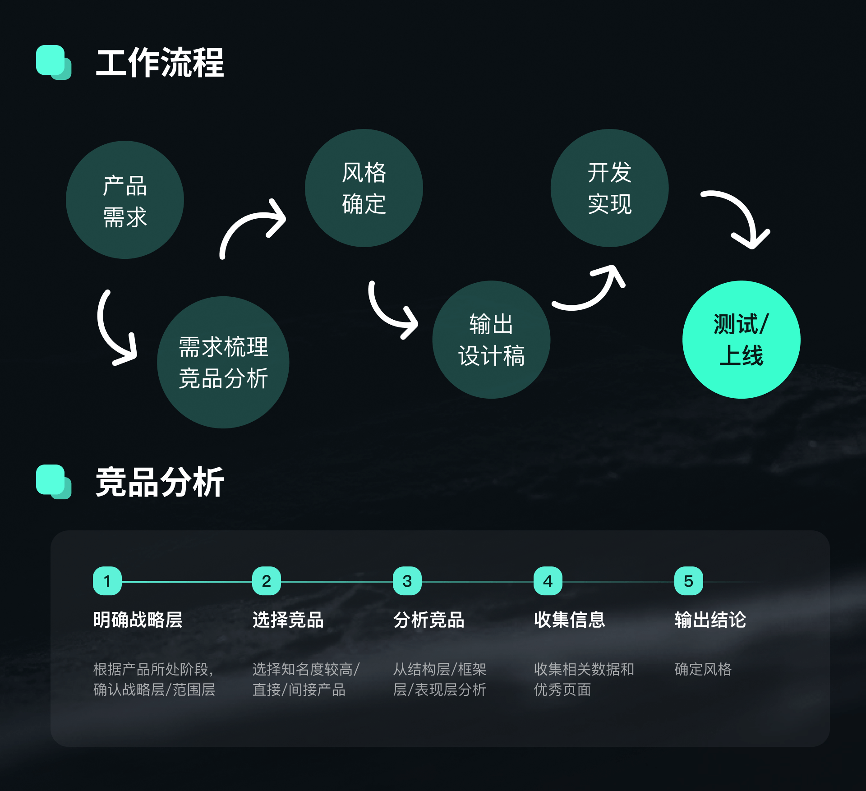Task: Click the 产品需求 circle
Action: [x=125, y=200]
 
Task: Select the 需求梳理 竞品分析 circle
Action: [x=223, y=362]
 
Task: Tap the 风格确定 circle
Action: [x=364, y=188]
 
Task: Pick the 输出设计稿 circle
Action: [x=491, y=340]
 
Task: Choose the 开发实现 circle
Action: [x=610, y=188]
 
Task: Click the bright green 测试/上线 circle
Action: [x=742, y=340]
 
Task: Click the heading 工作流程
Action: [x=160, y=63]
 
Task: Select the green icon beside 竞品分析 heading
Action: [x=54, y=482]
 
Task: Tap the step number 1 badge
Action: [x=107, y=581]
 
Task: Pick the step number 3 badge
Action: [x=407, y=581]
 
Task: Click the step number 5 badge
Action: [x=689, y=581]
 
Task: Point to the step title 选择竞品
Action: [x=288, y=620]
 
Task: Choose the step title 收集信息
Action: [x=570, y=620]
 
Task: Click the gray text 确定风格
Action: [x=703, y=669]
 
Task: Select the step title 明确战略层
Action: [x=138, y=620]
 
